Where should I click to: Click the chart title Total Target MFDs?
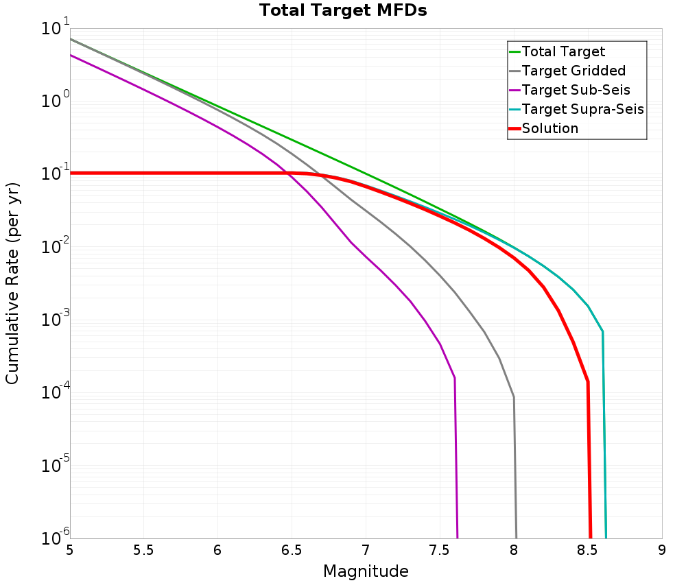point(343,11)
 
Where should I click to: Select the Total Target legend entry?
point(563,51)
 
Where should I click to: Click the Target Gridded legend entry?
point(573,71)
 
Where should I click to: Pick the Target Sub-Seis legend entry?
point(576,90)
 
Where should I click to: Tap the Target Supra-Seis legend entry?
point(582,109)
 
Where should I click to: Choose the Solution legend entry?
point(550,128)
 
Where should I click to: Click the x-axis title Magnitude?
point(366,571)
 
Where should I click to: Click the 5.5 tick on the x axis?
point(143,550)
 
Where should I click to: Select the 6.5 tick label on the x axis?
point(292,550)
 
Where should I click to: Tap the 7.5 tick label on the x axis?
point(440,550)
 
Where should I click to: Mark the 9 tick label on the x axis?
point(662,550)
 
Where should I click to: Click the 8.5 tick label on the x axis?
point(588,550)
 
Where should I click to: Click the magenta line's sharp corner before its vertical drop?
point(454,378)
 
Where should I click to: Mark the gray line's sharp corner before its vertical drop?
point(514,397)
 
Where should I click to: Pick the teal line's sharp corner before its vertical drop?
point(602,332)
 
